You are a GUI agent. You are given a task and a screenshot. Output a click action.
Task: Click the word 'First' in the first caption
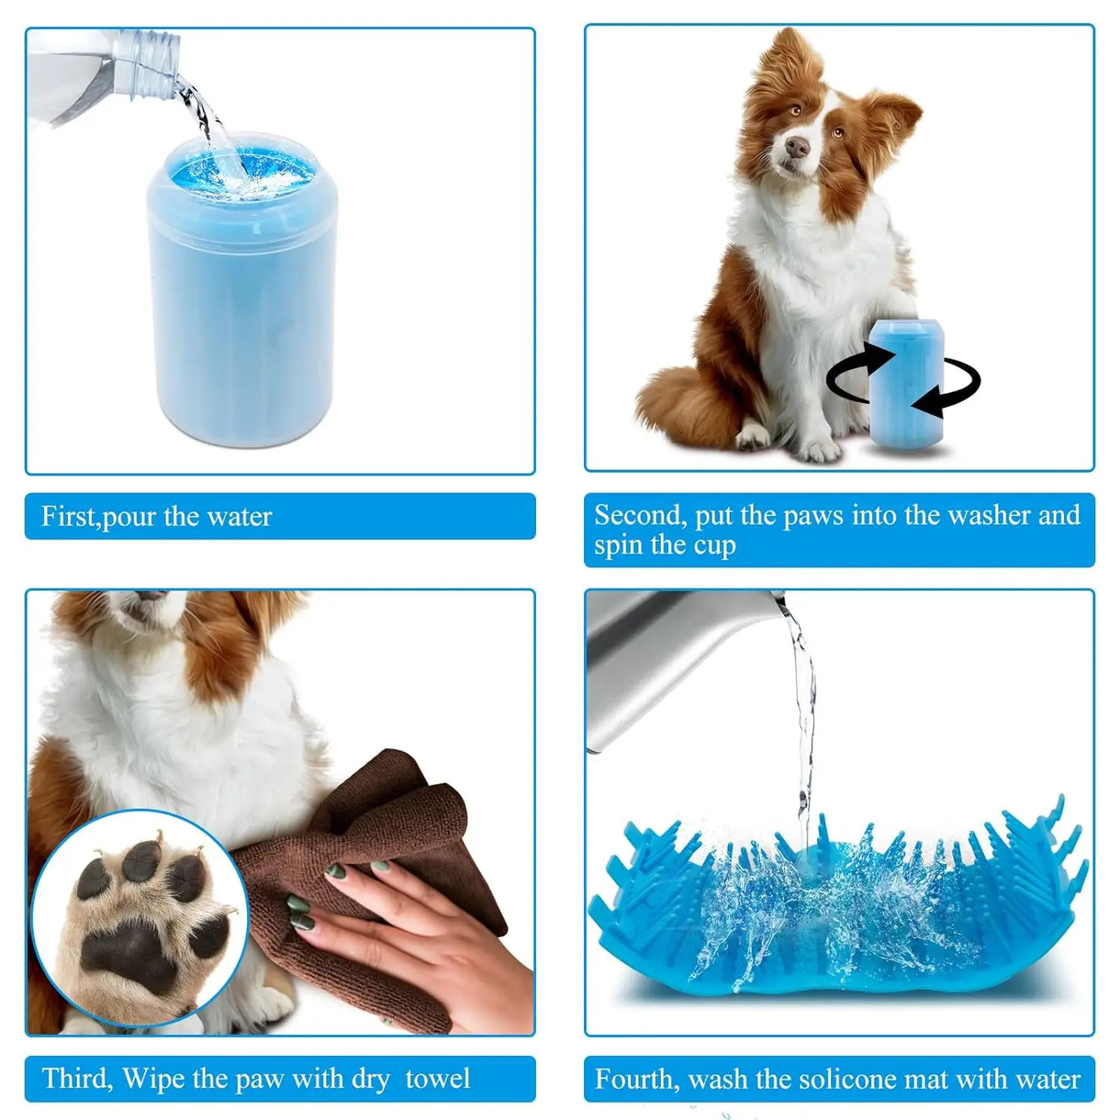(x=67, y=517)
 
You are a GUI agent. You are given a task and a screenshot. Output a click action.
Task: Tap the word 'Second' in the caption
(x=639, y=515)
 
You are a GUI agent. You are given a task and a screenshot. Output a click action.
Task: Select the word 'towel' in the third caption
(x=437, y=1079)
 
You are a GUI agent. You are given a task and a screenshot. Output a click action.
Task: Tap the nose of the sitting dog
(x=797, y=147)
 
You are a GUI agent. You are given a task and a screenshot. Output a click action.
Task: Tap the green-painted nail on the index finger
(x=336, y=872)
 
